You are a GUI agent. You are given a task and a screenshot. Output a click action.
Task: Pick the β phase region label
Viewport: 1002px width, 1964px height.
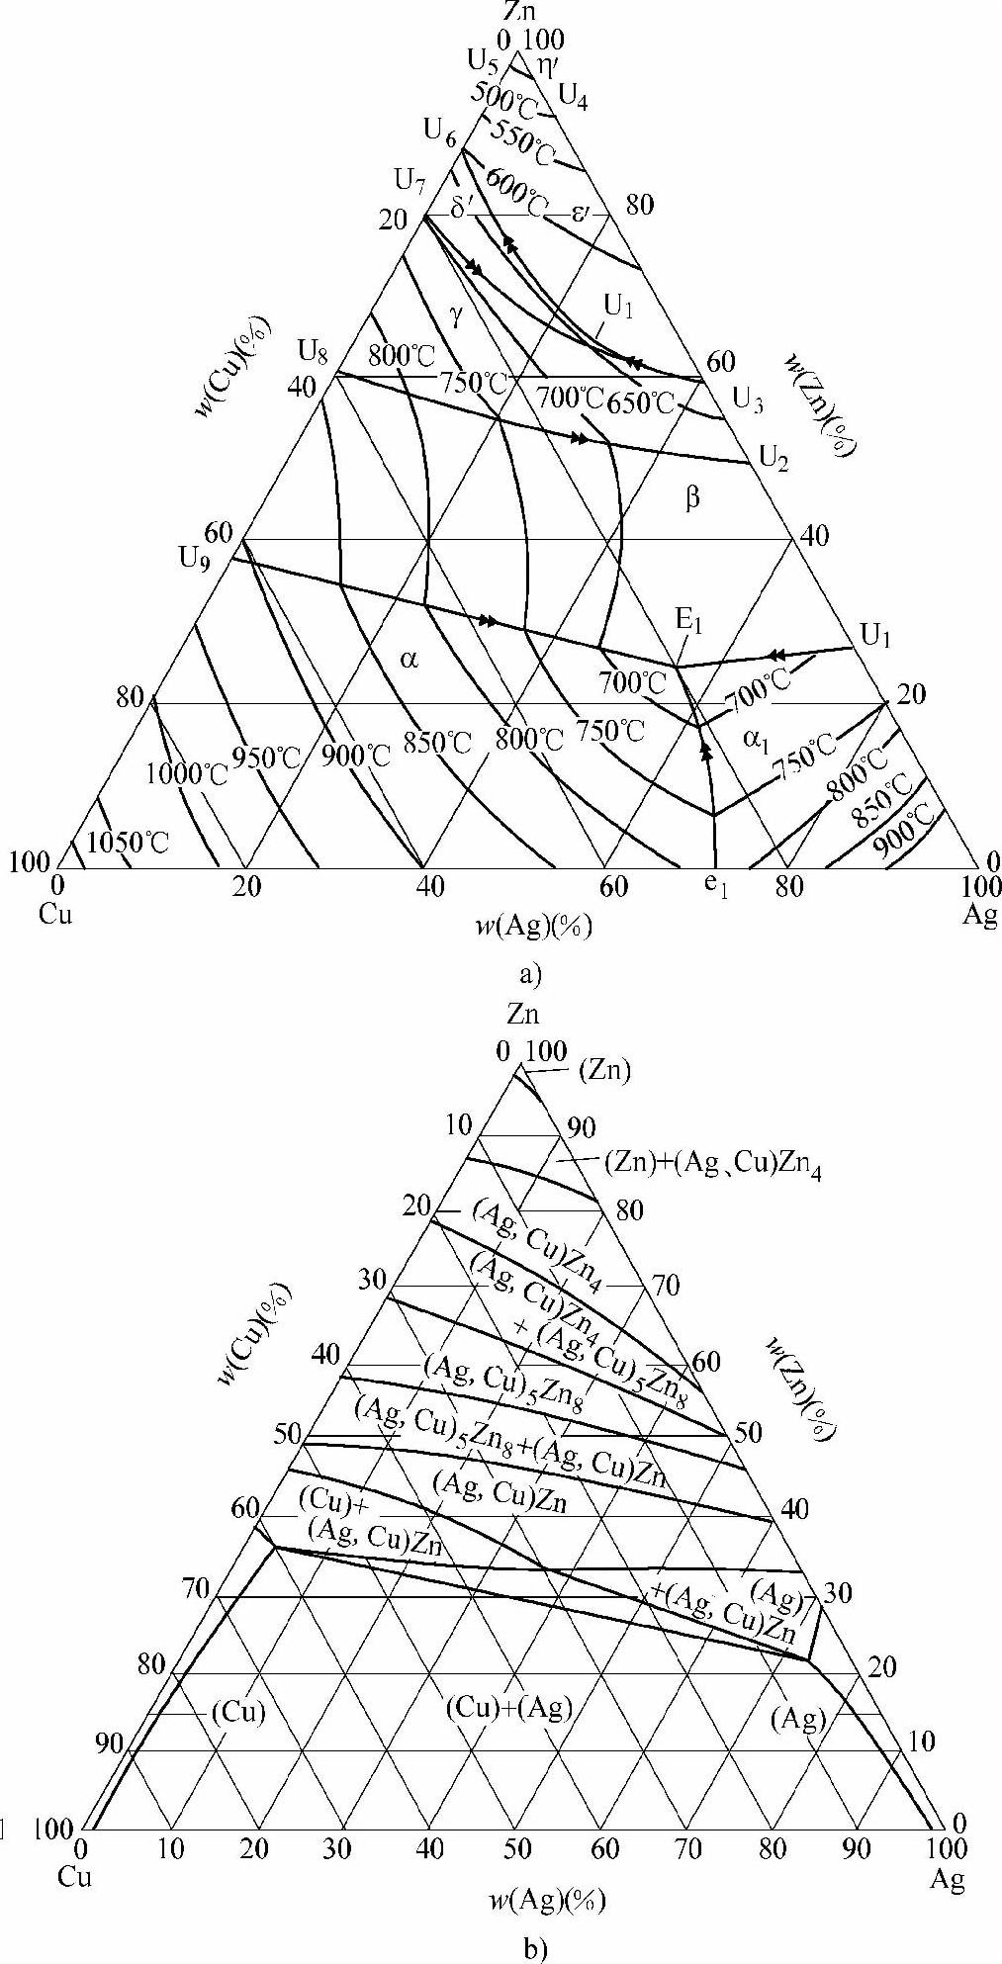click(x=692, y=498)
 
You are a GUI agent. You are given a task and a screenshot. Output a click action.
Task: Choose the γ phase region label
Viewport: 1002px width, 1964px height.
click(x=456, y=315)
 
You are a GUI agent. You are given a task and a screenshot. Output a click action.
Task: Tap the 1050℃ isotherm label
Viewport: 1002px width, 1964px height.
click(x=128, y=843)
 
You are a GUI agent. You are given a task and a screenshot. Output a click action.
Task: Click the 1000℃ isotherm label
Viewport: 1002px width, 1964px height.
click(x=186, y=773)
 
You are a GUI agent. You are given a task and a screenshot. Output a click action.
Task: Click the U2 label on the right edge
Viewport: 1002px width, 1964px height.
click(x=774, y=456)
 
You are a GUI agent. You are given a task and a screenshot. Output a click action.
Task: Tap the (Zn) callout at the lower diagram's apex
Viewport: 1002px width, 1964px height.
click(x=605, y=1069)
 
